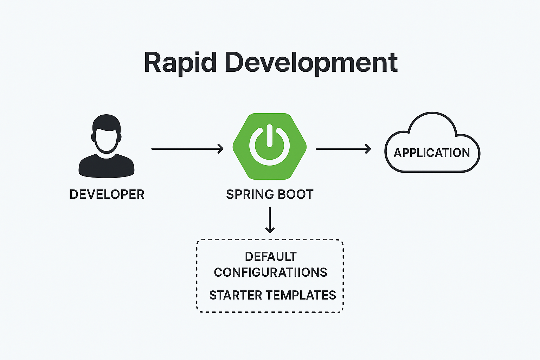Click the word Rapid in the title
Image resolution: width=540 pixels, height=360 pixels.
[180, 63]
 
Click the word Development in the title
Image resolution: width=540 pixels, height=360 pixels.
[311, 63]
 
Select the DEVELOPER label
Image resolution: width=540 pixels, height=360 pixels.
[107, 194]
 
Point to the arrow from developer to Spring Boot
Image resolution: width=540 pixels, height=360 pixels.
[187, 149]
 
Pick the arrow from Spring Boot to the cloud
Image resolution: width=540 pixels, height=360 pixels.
[343, 149]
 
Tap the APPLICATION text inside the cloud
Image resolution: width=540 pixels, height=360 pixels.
[432, 153]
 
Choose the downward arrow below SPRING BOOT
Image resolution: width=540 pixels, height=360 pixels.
[270, 220]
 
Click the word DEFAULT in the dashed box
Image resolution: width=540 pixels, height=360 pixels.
[271, 257]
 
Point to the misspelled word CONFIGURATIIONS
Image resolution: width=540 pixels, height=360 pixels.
[270, 272]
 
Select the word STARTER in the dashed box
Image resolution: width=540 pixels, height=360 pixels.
[235, 295]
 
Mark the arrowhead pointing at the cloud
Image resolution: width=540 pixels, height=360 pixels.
[368, 149]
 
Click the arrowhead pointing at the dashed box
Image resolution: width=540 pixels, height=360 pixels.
[270, 230]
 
